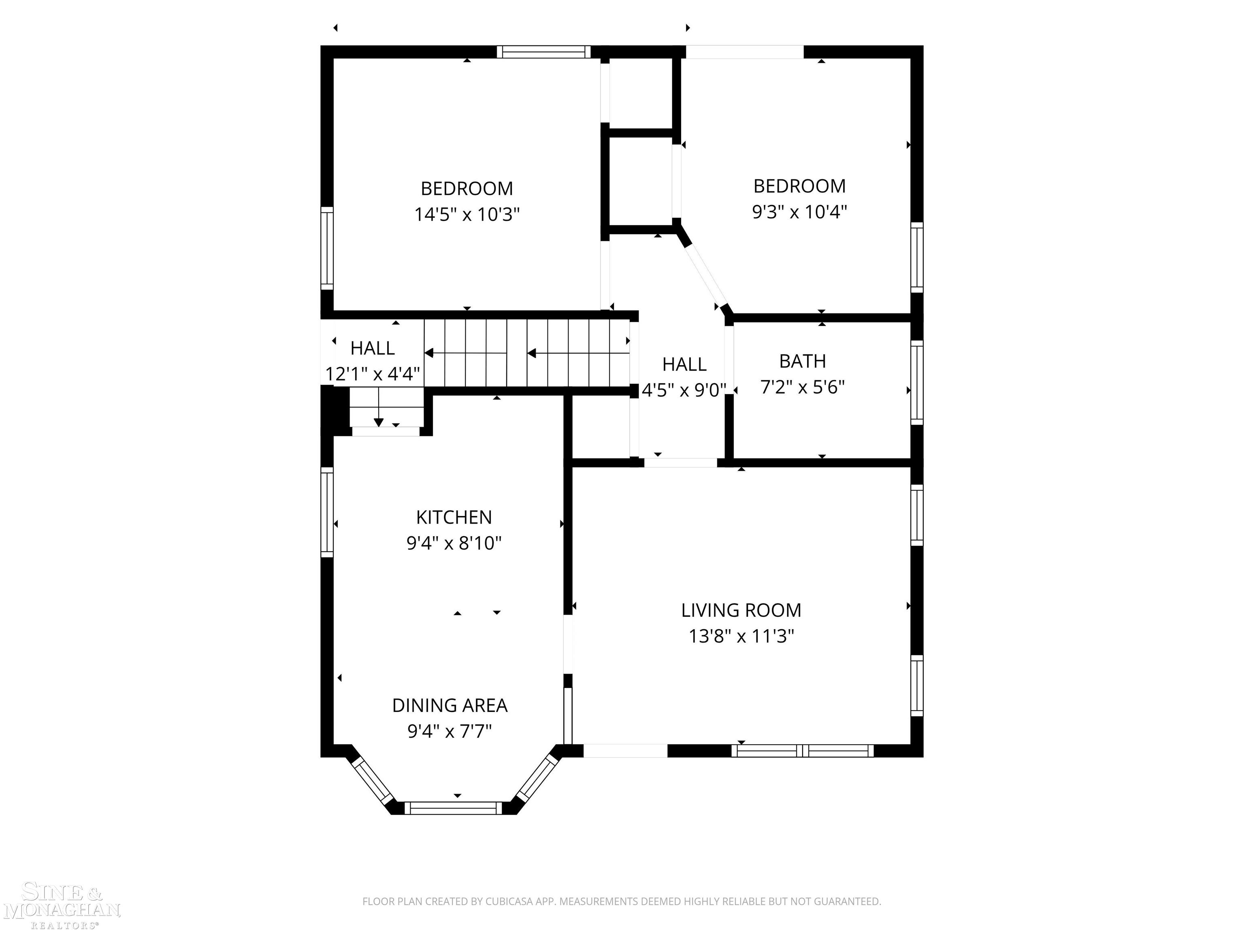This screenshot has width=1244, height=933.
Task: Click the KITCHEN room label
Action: (x=454, y=517)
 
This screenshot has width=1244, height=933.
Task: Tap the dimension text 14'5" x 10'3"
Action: (x=467, y=214)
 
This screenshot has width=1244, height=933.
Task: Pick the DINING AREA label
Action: (x=449, y=705)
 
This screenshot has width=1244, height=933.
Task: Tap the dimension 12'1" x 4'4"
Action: (x=372, y=374)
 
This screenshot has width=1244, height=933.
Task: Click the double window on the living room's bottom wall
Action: (x=803, y=751)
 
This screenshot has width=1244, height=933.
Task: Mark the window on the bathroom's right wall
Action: (x=917, y=382)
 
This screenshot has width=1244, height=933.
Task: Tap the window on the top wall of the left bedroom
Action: (x=543, y=52)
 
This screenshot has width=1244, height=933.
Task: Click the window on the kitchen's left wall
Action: (x=327, y=512)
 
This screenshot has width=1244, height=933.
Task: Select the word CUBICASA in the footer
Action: (x=512, y=901)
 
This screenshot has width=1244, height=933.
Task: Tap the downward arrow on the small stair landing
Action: (x=379, y=422)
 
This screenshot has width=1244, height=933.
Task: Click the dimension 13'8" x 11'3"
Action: (x=741, y=636)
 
